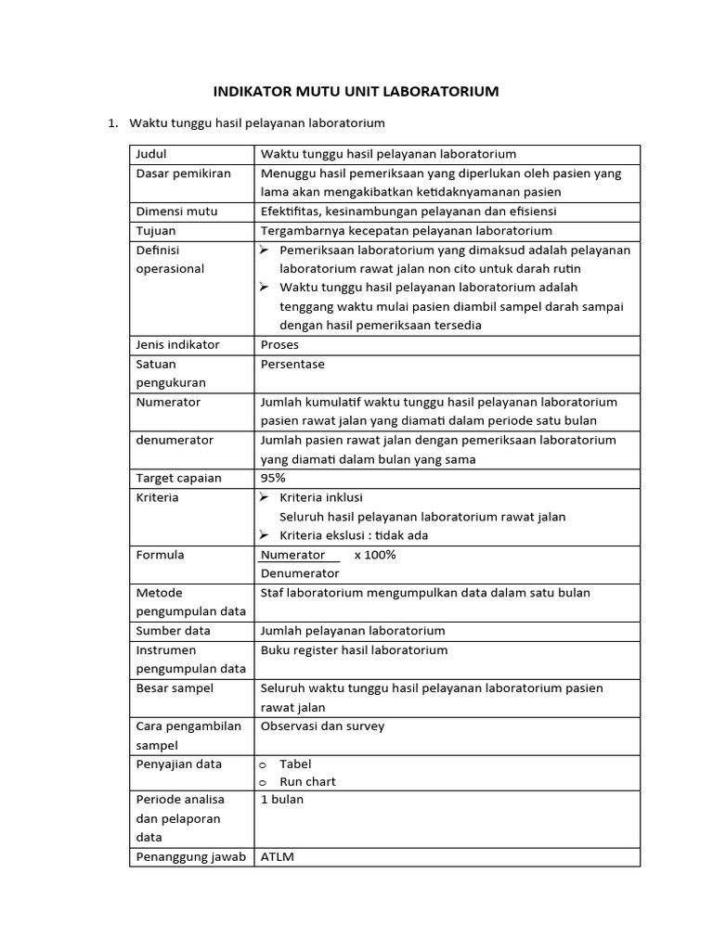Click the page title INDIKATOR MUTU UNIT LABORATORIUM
point(356,91)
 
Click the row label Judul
point(151,154)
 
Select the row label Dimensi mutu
point(176,212)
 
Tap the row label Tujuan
point(156,231)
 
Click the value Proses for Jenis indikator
point(280,345)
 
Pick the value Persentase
point(293,365)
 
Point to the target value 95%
point(273,479)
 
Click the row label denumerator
point(175,441)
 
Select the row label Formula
point(161,555)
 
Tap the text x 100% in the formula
point(374,555)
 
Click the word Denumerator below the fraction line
point(300,574)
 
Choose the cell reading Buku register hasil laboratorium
point(354,650)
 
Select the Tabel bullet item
point(295,764)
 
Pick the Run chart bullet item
point(307,782)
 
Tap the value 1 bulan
point(282,800)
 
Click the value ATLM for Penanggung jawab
point(278,857)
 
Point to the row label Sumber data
point(174,631)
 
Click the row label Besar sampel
point(175,688)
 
